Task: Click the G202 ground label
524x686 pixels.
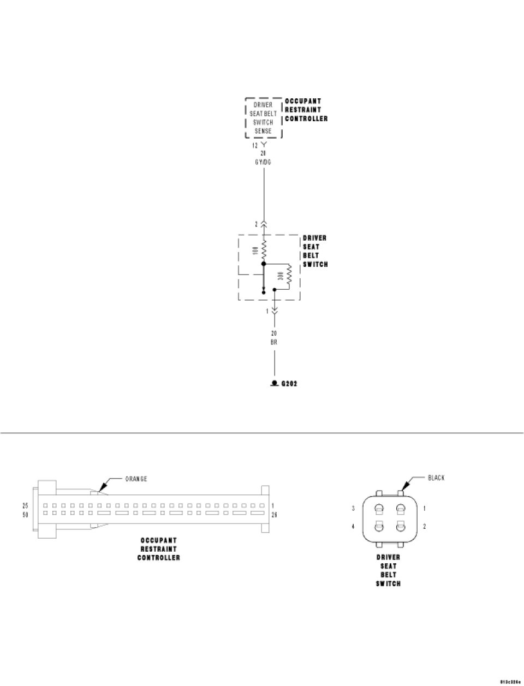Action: tap(289, 384)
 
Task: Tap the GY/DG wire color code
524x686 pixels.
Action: tap(264, 162)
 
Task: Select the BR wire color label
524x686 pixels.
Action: tap(274, 342)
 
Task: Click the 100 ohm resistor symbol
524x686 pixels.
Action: tap(264, 251)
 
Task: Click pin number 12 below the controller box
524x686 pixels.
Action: tap(255, 145)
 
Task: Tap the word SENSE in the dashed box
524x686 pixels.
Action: tap(263, 131)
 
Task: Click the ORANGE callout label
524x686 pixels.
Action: tap(136, 479)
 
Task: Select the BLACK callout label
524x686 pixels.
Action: tap(436, 478)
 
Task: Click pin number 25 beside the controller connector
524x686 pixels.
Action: tap(25, 505)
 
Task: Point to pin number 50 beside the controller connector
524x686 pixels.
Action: tap(25, 514)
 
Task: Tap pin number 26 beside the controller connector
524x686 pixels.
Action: tap(274, 514)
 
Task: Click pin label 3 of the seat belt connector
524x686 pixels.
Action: tap(353, 508)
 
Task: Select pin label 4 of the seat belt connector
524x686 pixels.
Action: tap(353, 527)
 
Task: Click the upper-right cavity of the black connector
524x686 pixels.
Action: tap(400, 509)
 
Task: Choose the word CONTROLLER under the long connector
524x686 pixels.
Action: tap(158, 558)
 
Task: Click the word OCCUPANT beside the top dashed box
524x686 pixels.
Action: tap(303, 101)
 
